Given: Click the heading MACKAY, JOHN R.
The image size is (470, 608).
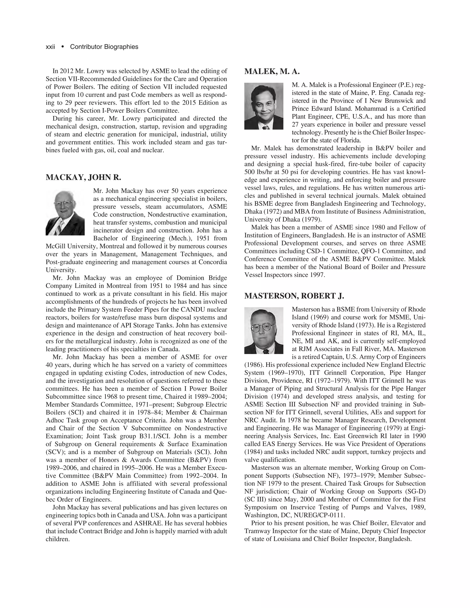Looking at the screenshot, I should [x=83, y=177].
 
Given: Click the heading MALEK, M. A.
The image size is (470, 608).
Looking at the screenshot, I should [x=272, y=72].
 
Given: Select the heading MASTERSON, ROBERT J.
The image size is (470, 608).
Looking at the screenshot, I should [x=294, y=296].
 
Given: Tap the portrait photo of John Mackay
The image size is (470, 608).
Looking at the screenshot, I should [x=65, y=213].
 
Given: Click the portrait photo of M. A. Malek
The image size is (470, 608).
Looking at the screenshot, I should [x=264, y=106].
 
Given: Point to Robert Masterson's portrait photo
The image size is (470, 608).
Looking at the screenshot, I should [x=264, y=330].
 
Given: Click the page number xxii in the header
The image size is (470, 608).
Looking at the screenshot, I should [x=50, y=47].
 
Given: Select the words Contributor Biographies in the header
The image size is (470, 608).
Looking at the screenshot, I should [x=104, y=47].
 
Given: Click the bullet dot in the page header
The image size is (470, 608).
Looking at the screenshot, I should [x=63, y=47].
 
